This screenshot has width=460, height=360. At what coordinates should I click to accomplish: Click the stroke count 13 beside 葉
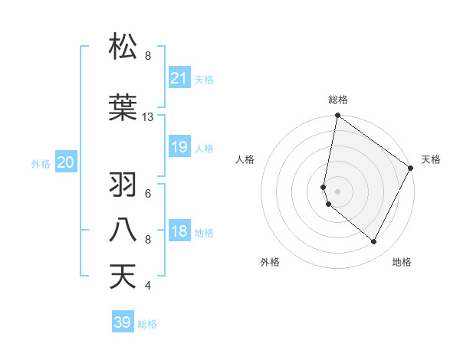[x=148, y=117]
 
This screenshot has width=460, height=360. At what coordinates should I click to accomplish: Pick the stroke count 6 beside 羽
[x=148, y=194]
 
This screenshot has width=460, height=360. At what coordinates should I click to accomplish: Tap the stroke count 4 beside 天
[x=148, y=286]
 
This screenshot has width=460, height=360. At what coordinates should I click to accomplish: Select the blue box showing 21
[x=179, y=77]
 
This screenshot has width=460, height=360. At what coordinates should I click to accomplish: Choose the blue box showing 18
[x=179, y=231]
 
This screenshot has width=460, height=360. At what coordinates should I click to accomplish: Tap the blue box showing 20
[x=66, y=162]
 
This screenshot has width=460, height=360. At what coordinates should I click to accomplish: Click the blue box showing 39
[x=123, y=322]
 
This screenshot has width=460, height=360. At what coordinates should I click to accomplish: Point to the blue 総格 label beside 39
[x=147, y=324]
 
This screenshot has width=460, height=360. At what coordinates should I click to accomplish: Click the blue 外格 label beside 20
[x=41, y=163]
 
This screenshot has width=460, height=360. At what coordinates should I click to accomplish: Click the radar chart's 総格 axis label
[x=338, y=100]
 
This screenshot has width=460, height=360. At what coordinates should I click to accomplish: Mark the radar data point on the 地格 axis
[x=374, y=242]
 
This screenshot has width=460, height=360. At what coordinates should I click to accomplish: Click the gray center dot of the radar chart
[x=338, y=191]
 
